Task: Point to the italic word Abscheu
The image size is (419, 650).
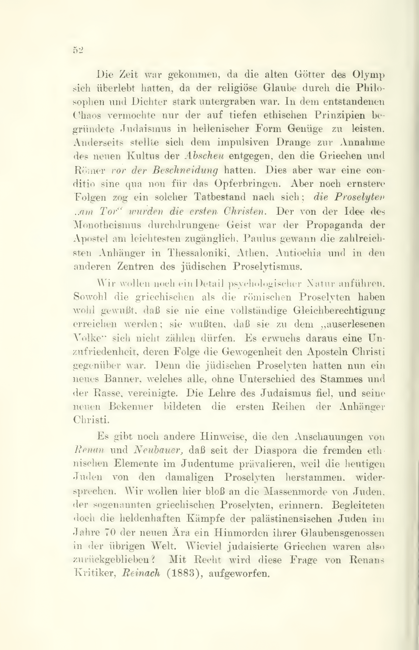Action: tap(204, 156)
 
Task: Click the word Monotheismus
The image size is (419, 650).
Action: tap(108, 225)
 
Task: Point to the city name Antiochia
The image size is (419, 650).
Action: tap(298, 253)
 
